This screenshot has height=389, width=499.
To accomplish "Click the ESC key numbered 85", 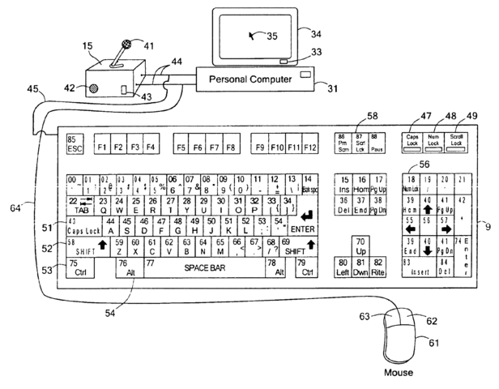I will [x=75, y=143].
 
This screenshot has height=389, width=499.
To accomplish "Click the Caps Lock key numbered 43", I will [x=84, y=226].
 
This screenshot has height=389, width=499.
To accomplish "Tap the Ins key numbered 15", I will [x=343, y=183].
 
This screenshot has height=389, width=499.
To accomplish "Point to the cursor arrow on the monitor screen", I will [x=257, y=35].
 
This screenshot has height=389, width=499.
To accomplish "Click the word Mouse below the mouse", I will [x=398, y=373].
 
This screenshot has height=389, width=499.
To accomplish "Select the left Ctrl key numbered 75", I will [x=80, y=266].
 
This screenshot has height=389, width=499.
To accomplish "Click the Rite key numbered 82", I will [x=378, y=267].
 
